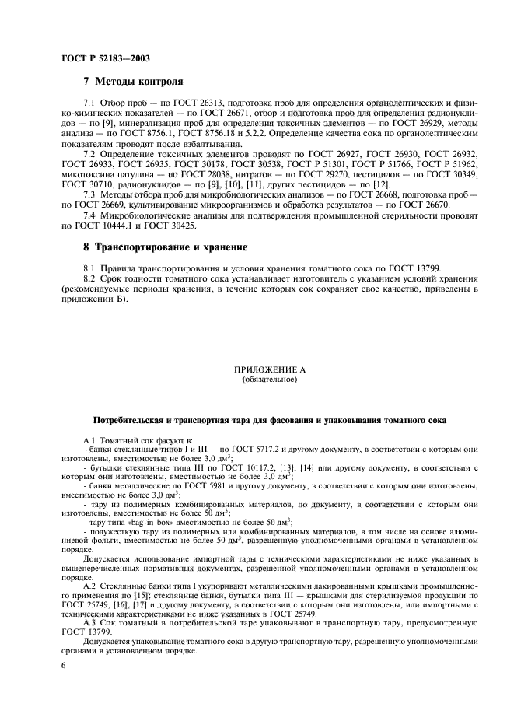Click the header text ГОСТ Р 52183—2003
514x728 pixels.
pyautogui.click(x=105, y=58)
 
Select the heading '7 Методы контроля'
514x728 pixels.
pyautogui.click(x=133, y=81)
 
